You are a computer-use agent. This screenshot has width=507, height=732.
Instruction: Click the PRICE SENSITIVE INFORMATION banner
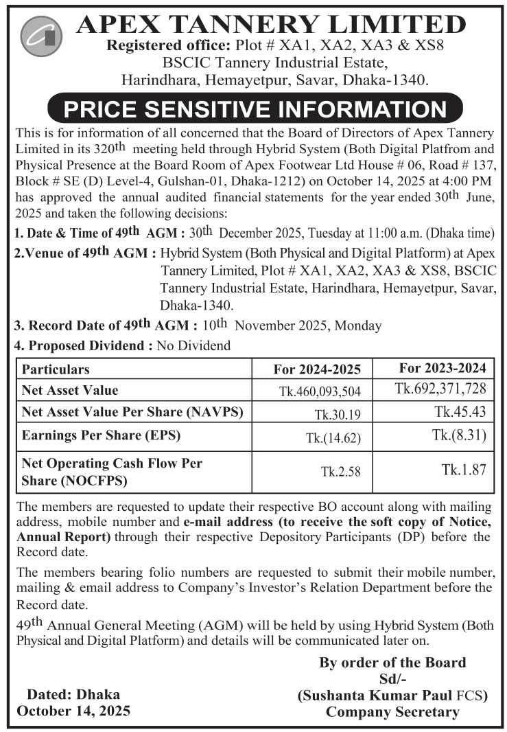pyautogui.click(x=254, y=109)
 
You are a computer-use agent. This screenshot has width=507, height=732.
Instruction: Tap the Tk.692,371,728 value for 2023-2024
pyautogui.click(x=440, y=389)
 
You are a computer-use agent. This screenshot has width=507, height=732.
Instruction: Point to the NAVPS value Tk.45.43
pyautogui.click(x=461, y=412)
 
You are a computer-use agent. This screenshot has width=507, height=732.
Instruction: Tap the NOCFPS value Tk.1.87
pyautogui.click(x=464, y=470)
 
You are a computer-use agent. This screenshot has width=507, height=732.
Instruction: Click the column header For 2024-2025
pyautogui.click(x=317, y=369)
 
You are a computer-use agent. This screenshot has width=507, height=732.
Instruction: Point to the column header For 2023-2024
pyautogui.click(x=443, y=368)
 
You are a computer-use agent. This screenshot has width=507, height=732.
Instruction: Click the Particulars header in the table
pyautogui.click(x=56, y=369)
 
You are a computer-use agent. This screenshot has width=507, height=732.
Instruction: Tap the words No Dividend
pyautogui.click(x=193, y=346)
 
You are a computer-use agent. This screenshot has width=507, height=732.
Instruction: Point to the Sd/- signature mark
pyautogui.click(x=392, y=679)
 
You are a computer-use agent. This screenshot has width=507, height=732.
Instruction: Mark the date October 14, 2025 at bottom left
pyautogui.click(x=73, y=710)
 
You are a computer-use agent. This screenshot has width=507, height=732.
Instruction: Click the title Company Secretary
pyautogui.click(x=392, y=712)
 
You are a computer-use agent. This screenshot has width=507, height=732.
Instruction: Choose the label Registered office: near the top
pyautogui.click(x=154, y=47)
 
